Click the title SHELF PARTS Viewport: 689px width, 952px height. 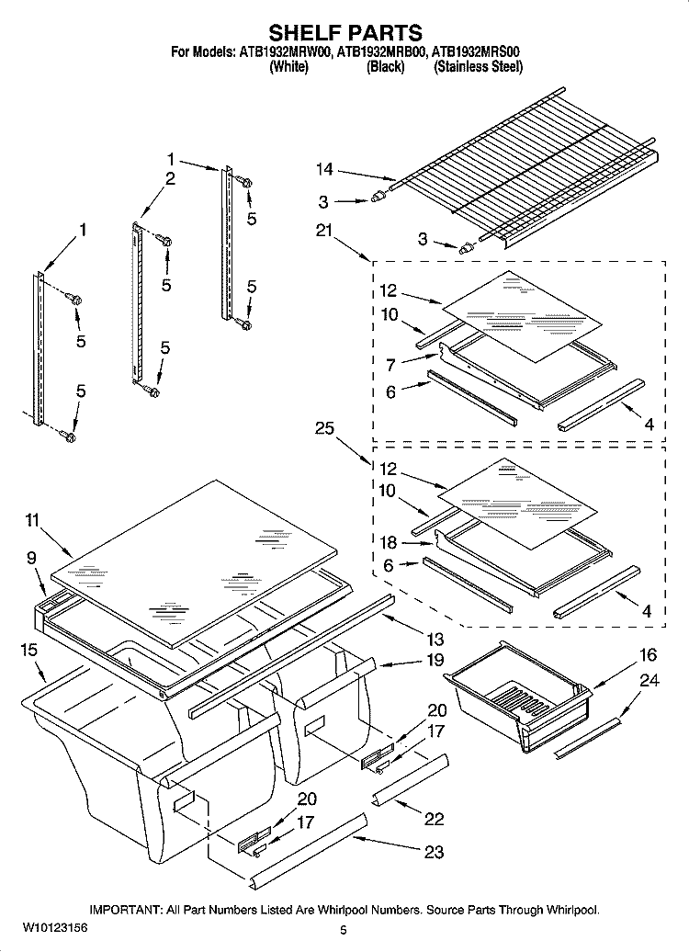344,35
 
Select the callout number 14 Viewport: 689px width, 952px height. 324,169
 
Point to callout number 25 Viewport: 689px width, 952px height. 323,427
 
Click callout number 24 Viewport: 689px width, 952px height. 649,681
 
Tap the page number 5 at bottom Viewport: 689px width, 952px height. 343,933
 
